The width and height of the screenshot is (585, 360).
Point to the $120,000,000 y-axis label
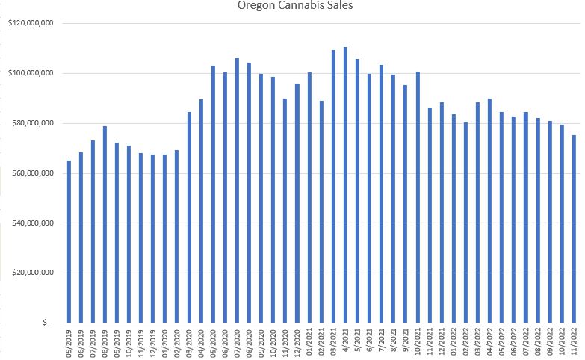point(30,24)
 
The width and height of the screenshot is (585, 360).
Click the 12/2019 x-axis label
point(153,343)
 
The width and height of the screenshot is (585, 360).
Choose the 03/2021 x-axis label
point(333,343)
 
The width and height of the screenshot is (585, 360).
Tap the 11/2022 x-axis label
point(575,343)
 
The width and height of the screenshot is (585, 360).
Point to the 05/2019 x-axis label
point(69,343)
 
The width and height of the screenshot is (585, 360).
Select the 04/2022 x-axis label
point(490,343)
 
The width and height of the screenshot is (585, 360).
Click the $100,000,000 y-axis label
point(30,73)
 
